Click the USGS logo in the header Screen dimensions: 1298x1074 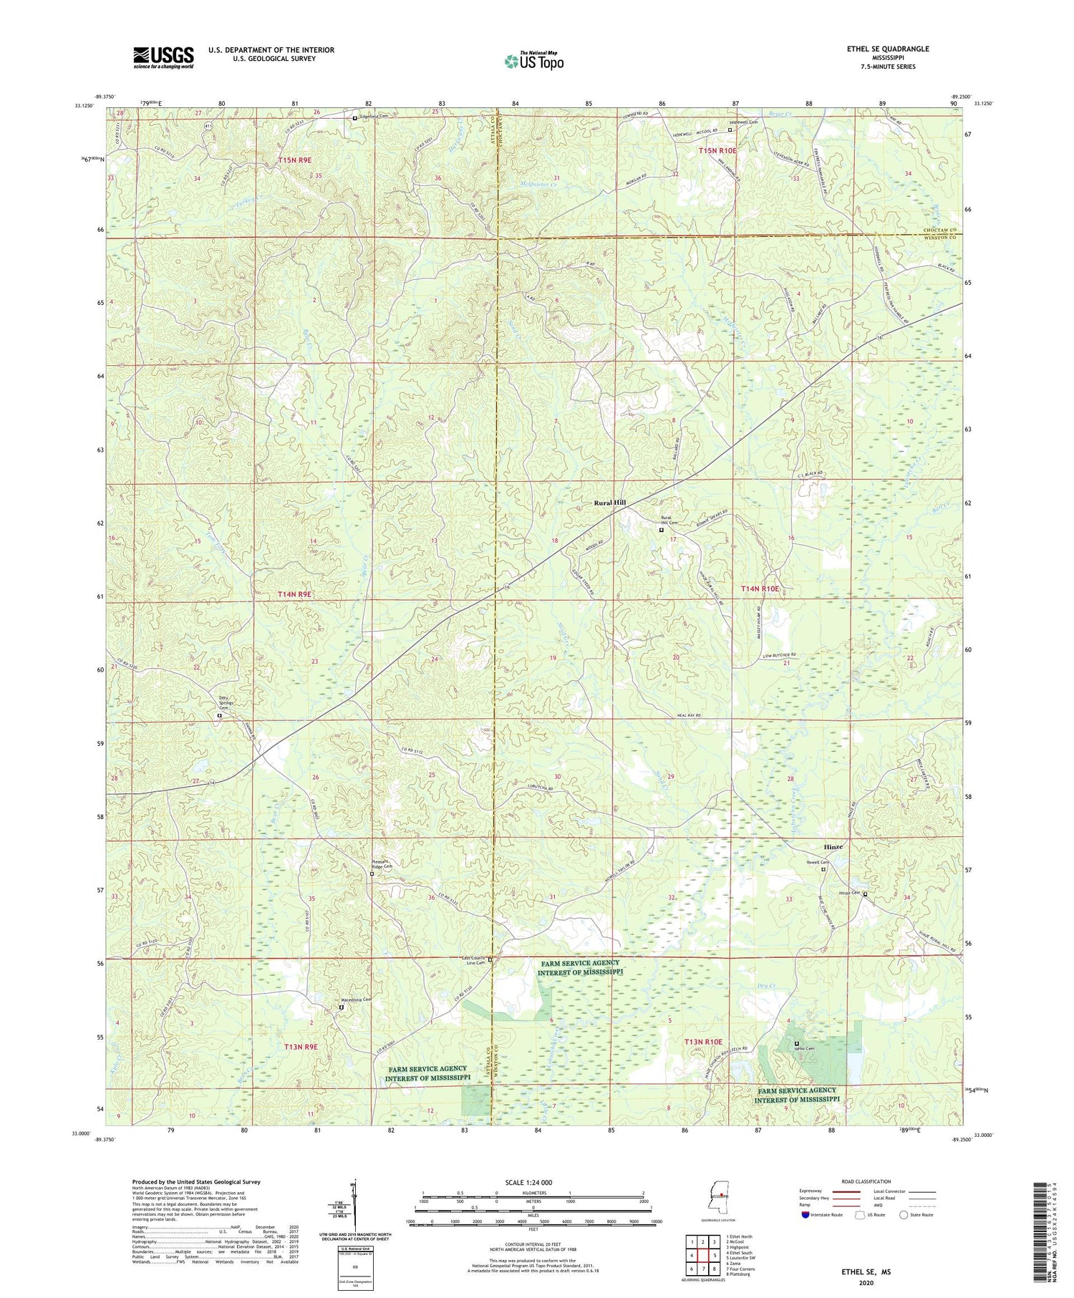(163, 57)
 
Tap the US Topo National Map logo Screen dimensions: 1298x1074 (533, 61)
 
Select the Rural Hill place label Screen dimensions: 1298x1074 (609, 503)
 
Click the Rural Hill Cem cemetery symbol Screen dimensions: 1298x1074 (661, 531)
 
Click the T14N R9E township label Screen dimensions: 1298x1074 (295, 595)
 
